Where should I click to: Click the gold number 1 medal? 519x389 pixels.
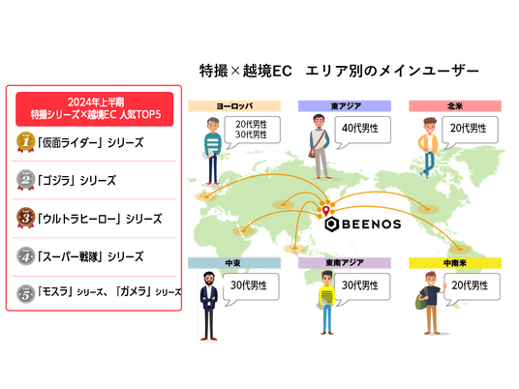(26, 142)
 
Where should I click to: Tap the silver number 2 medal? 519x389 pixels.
(26, 180)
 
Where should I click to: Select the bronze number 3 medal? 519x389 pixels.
(26, 218)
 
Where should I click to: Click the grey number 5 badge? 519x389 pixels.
(26, 294)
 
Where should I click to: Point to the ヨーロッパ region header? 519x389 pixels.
(234, 106)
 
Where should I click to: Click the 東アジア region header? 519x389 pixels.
(345, 106)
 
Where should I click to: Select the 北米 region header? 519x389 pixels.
(455, 106)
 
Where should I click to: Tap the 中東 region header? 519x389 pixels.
(234, 263)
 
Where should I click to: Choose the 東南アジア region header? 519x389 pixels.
(345, 263)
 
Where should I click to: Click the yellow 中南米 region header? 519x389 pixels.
(455, 263)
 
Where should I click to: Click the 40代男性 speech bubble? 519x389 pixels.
(362, 130)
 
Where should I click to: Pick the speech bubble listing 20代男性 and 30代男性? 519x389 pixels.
(252, 130)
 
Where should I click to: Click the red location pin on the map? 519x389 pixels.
(326, 210)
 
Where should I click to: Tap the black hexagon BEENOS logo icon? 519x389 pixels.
(331, 224)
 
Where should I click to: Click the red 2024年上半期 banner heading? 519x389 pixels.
(95, 108)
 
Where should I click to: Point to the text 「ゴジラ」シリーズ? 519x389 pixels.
(76, 181)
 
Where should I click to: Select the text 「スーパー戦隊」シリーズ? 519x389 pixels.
(91, 256)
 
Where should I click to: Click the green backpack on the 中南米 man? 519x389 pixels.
(420, 300)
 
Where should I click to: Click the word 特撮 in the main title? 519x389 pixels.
(214, 71)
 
